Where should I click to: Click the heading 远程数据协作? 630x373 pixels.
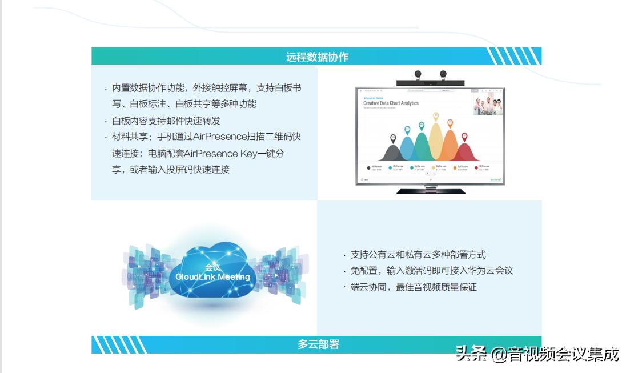[x=317, y=57]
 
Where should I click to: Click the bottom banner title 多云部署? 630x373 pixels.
[x=318, y=344]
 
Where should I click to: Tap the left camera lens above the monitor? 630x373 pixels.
[x=418, y=74]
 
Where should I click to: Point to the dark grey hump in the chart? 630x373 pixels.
[x=393, y=153]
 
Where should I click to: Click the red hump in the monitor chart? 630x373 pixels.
[x=464, y=152]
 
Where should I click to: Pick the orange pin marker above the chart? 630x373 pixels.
[x=450, y=123]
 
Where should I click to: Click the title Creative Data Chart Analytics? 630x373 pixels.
[x=391, y=103]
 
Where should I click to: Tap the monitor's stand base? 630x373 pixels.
[x=430, y=190]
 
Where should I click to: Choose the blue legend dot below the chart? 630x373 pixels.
[x=390, y=168]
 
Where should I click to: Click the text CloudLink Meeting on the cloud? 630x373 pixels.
[x=212, y=277]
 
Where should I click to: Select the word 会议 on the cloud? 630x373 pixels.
[x=212, y=267]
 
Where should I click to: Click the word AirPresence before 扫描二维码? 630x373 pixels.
[x=220, y=137]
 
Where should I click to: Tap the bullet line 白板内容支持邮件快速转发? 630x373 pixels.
[x=166, y=121]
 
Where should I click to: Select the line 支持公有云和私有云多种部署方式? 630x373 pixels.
[x=418, y=255]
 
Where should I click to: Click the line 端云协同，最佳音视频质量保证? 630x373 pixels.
[x=414, y=287]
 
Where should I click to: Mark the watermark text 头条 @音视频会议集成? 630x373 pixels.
[x=537, y=354]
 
